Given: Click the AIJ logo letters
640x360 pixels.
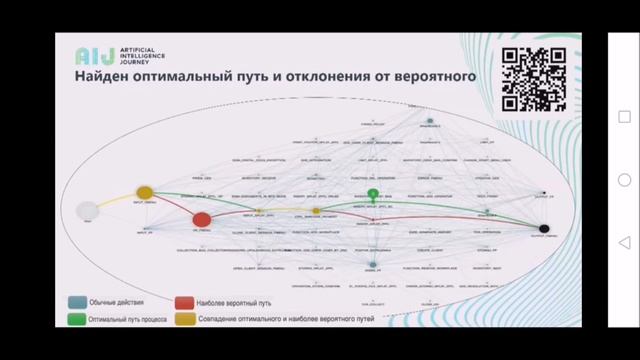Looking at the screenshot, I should (90, 56).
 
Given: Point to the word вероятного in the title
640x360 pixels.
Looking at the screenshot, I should (437, 76).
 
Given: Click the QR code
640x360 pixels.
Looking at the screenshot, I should (526, 79).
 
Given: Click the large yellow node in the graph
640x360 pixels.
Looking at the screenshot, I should (144, 192).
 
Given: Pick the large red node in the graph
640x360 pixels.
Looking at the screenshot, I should (201, 219).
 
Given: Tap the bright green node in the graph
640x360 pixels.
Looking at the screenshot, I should (373, 193).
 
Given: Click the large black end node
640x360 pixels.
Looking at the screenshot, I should (545, 229).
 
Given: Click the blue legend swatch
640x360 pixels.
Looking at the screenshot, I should (76, 302).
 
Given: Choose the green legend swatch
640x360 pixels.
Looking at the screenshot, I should (76, 320).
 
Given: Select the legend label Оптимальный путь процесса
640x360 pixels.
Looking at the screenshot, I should (128, 320).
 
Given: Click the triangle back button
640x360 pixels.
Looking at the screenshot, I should (624, 243).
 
